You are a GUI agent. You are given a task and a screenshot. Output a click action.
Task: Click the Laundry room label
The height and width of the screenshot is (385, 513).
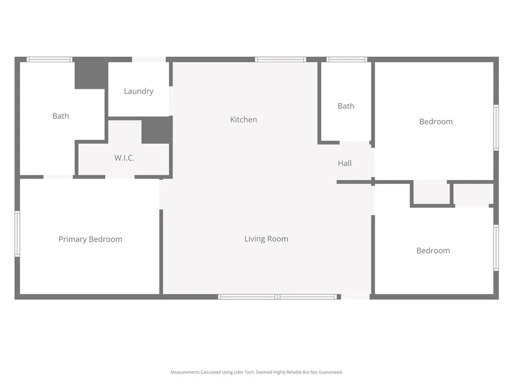(138, 91)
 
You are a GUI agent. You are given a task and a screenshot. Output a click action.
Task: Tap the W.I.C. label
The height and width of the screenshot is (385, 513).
(124, 158)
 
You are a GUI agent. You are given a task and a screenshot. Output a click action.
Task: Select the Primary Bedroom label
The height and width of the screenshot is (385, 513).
(90, 239)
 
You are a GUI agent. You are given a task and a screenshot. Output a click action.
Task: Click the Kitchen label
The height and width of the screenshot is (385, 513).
(243, 119)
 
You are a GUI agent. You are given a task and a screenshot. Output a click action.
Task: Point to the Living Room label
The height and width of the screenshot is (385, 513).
(266, 239)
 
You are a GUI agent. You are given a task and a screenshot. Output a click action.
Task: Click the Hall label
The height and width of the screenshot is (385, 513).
(345, 163)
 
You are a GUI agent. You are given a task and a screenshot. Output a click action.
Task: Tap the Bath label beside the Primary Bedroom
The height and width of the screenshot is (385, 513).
(61, 116)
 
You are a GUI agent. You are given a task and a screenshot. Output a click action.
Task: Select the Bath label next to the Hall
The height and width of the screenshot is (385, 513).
(346, 106)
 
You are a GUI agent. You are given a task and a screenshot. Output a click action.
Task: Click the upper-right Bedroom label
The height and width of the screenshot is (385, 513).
(436, 121)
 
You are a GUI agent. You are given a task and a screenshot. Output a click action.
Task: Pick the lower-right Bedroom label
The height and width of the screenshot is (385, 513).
(433, 251)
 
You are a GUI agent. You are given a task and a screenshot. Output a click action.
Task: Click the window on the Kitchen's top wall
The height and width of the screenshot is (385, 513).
(280, 59)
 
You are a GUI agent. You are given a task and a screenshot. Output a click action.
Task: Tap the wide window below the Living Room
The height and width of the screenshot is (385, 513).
(278, 297)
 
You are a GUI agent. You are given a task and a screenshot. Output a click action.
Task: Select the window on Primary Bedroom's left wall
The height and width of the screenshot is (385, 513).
(17, 234)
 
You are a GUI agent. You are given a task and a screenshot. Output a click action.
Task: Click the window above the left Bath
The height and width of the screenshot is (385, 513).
(50, 59)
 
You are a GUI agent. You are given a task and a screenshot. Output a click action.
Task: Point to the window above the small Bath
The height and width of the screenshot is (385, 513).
(347, 59)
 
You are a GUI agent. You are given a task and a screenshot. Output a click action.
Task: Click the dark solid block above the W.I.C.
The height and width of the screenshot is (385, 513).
(157, 130)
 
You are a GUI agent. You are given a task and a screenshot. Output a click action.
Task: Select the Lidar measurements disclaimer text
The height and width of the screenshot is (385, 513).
(256, 372)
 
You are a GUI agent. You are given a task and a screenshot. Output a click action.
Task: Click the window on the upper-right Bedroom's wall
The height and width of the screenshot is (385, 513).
(496, 127)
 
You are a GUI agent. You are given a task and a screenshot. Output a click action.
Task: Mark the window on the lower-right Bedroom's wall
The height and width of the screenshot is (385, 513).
(496, 248)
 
